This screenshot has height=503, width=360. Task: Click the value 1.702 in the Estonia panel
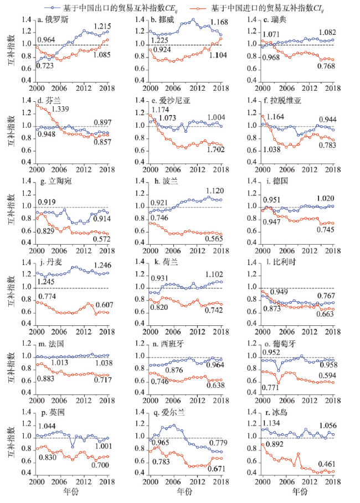click(x=209, y=150)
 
